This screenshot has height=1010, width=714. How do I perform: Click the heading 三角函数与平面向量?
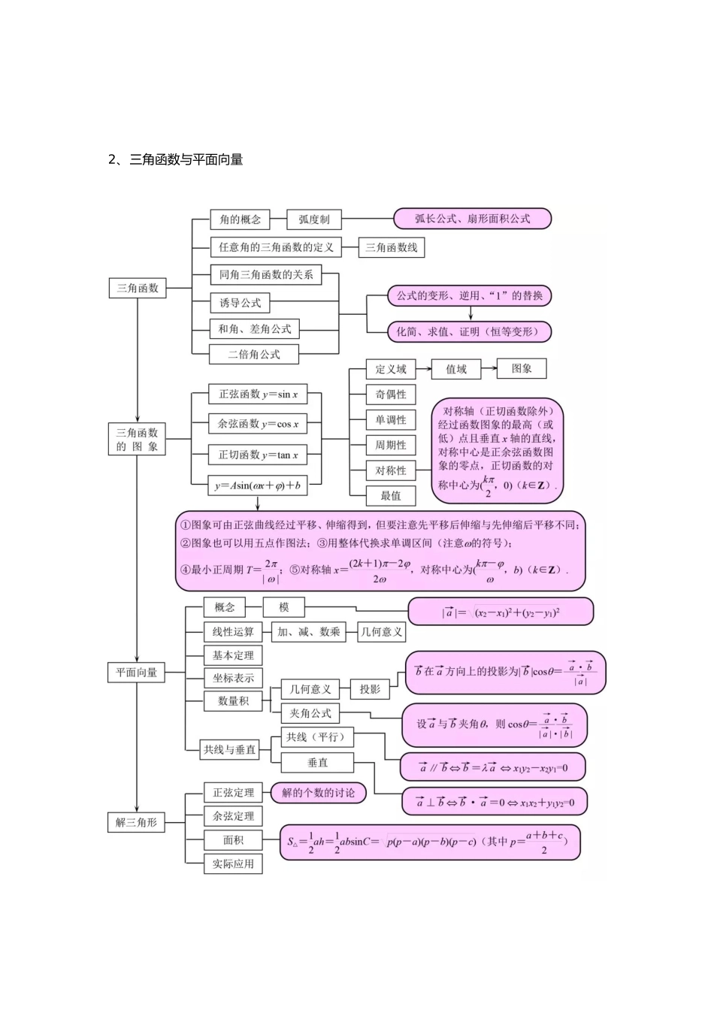pos(186,159)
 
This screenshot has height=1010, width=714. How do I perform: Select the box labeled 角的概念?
pos(240,219)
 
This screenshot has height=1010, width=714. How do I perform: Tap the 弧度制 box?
pos(313,219)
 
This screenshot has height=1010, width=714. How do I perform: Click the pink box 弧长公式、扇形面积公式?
pos(472,219)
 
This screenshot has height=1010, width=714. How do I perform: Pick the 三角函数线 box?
pos(391,247)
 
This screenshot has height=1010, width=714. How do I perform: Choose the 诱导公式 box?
pos(240,303)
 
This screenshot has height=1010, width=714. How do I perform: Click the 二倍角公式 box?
pos(253,354)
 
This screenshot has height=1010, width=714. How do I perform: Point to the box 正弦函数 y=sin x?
pos(258,395)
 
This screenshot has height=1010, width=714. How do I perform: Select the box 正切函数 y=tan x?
pos(258,455)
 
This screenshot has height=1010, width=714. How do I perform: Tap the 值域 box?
pos(455,369)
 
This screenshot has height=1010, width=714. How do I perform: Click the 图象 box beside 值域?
pos(522,368)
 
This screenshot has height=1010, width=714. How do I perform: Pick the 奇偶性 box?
pos(391,395)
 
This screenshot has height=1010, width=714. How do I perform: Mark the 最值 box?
pos(391,496)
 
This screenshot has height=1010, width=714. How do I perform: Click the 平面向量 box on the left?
pos(136,673)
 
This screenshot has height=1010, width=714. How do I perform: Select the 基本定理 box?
pos(233,655)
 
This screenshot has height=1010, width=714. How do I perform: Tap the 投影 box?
pos(370,689)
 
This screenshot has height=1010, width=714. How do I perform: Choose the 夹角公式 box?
pos(310,713)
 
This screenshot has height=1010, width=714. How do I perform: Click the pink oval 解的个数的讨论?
pos(319,793)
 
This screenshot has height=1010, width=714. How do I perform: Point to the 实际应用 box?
pos(233,863)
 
